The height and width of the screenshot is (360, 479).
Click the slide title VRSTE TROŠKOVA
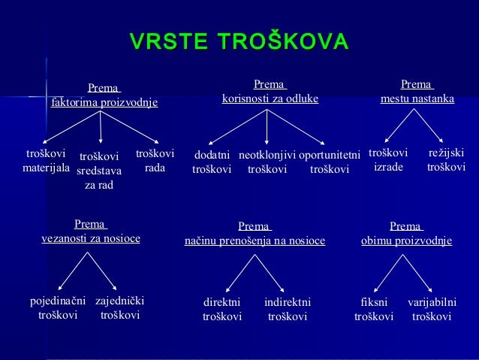click(239, 41)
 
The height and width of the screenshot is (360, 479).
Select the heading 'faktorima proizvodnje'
click(104, 101)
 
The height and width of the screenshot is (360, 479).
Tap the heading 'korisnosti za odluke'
click(270, 98)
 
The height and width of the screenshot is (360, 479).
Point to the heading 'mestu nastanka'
click(417, 98)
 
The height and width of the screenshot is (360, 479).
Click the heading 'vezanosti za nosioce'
click(90, 238)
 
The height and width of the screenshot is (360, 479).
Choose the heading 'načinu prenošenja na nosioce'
click(255, 241)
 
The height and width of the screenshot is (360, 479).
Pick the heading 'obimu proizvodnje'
click(406, 241)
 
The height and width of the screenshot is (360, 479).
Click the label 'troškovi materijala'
click(46, 161)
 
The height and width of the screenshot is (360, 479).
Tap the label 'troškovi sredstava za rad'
click(99, 171)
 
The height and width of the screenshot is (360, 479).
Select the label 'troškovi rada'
click(155, 161)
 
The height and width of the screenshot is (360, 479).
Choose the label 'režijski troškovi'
click(446, 159)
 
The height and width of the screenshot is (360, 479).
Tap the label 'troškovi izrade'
click(388, 159)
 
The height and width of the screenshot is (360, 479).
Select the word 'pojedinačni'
click(58, 301)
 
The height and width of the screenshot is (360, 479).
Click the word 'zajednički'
click(120, 301)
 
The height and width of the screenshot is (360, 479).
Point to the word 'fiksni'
click(374, 302)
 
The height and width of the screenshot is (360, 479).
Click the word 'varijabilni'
click(432, 302)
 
